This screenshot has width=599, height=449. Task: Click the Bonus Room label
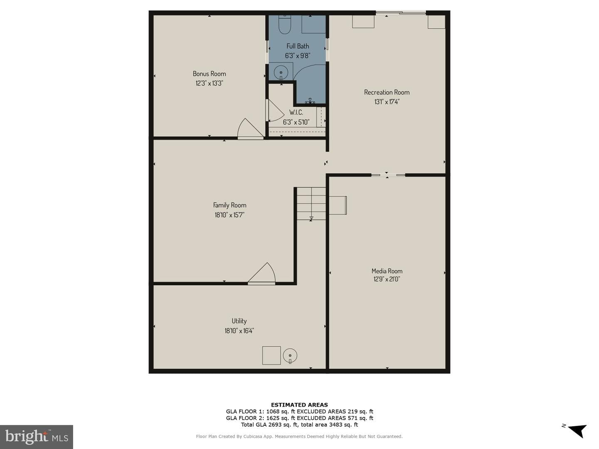pyautogui.click(x=209, y=74)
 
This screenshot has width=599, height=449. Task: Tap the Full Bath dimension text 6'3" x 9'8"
pyautogui.click(x=298, y=56)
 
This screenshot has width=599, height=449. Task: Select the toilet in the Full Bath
pyautogui.click(x=285, y=24)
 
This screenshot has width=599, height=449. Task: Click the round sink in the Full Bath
pyautogui.click(x=281, y=73)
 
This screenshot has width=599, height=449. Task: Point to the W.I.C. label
pyautogui.click(x=296, y=112)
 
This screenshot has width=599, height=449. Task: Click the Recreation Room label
pyautogui.click(x=387, y=92)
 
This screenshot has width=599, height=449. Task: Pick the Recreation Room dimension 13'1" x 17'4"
pyautogui.click(x=387, y=102)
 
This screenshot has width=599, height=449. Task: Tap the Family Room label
pyautogui.click(x=230, y=205)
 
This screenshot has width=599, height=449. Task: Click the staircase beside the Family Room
pyautogui.click(x=311, y=203)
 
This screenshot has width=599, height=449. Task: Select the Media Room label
pyautogui.click(x=387, y=271)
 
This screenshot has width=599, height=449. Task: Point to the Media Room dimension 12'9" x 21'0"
pyautogui.click(x=387, y=279)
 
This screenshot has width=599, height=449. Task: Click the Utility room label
pyautogui.click(x=239, y=321)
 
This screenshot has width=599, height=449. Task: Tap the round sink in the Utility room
pyautogui.click(x=290, y=355)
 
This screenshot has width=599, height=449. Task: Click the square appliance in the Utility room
pyautogui.click(x=272, y=355)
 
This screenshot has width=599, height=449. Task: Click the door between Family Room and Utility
pyautogui.click(x=261, y=274)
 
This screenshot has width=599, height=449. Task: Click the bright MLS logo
pyautogui.click(x=37, y=437)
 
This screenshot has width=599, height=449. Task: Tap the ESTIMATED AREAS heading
pyautogui.click(x=299, y=405)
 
